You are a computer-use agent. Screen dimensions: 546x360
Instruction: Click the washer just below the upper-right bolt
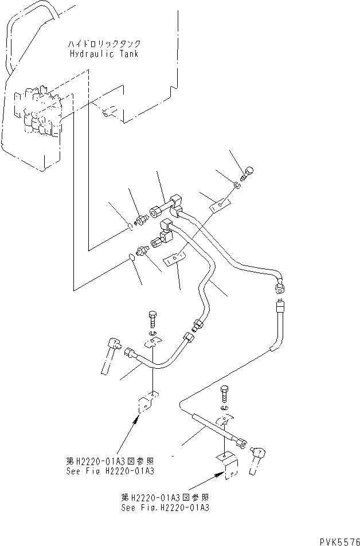[237, 184]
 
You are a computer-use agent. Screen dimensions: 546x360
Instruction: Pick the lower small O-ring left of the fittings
[133, 258]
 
